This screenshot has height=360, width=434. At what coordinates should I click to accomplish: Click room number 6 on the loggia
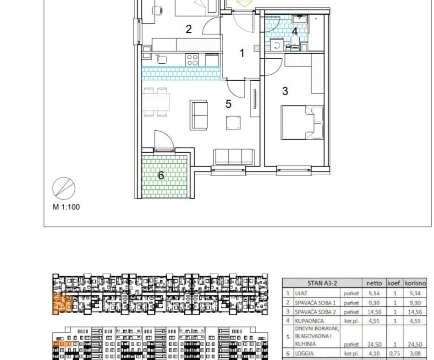161,175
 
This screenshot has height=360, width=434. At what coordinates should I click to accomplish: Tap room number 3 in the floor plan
285,91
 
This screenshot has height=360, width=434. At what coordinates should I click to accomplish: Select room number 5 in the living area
228,104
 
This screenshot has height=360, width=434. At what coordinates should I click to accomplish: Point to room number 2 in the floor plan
188,29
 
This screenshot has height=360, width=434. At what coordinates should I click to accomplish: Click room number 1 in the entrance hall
242,53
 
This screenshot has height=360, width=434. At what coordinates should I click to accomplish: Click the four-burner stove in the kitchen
192,60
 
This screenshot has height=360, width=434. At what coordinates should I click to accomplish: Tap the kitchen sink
161,59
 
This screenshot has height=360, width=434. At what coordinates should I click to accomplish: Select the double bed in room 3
302,122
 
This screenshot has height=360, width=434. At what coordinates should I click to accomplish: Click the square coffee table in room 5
233,123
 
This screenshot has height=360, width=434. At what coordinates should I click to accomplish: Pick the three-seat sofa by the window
234,157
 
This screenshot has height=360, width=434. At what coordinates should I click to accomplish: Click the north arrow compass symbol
64,188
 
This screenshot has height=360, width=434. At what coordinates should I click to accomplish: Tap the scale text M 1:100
66,207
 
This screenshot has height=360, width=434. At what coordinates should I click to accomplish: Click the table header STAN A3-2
322,283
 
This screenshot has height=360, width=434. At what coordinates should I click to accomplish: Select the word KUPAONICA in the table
309,321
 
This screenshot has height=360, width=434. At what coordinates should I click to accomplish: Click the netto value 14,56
374,312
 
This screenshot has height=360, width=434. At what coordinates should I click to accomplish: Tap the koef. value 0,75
395,354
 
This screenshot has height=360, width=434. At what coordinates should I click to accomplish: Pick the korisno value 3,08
415,354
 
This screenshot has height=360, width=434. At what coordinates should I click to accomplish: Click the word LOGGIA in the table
304,354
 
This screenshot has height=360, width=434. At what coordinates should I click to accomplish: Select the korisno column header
415,283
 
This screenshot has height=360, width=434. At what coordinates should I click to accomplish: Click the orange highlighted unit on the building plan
62,304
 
